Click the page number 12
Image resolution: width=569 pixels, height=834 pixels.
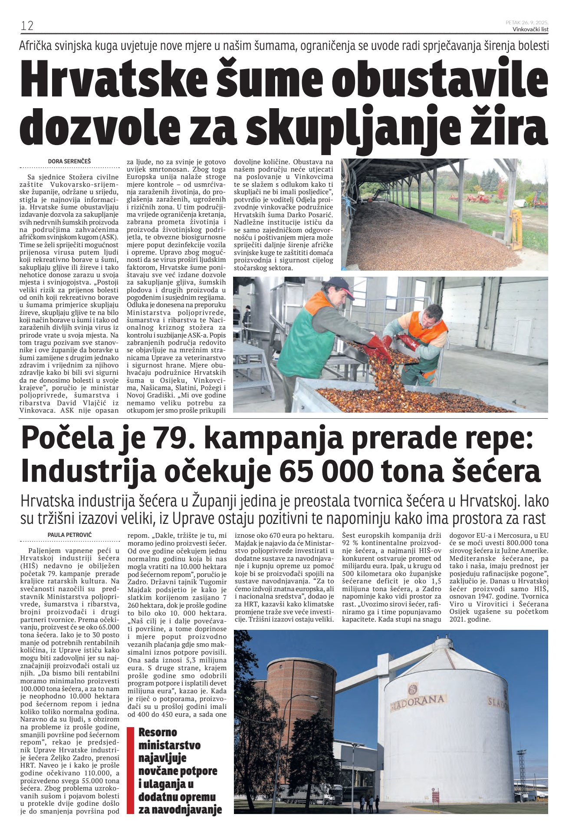click(x=27, y=26)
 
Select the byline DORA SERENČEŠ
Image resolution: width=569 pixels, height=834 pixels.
click(x=69, y=161)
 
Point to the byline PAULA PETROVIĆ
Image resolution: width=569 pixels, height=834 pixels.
click(x=70, y=535)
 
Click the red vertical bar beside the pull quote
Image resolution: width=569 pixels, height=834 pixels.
click(x=130, y=770)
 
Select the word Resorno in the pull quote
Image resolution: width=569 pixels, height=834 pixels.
click(x=158, y=732)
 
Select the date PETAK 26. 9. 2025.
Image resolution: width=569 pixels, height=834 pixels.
click(x=527, y=22)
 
